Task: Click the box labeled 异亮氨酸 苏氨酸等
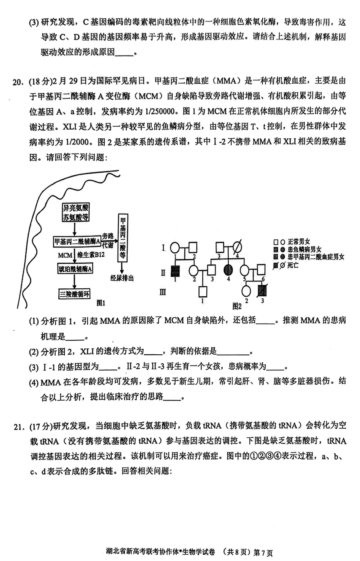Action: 76,212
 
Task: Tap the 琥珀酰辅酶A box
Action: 75,269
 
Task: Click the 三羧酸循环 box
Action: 74,294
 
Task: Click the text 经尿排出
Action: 122,278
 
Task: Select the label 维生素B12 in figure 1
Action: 91,255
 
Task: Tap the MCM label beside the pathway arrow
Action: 65,255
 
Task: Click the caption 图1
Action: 101,303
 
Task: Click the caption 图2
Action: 237,306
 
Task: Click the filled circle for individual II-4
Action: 228,270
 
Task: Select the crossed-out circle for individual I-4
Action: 237,247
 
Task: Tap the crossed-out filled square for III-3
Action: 262,291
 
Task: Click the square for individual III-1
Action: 203,291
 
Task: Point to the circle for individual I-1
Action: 175,248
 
